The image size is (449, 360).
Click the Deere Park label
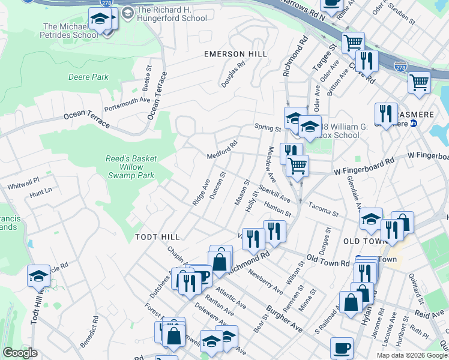point(88,77)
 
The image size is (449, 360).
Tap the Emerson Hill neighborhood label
point(235,54)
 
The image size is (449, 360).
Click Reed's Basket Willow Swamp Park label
point(131,167)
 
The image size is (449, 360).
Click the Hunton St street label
point(277,209)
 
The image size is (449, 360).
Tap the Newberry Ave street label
point(266,281)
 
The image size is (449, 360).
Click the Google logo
point(19,353)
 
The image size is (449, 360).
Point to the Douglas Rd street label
point(234,74)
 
